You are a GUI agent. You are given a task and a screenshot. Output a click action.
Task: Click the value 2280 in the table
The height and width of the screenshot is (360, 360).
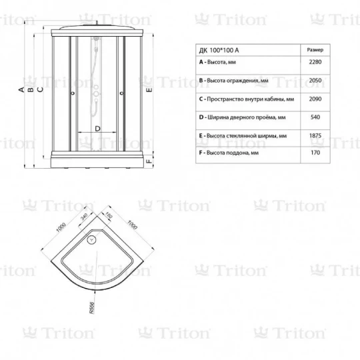[315, 62]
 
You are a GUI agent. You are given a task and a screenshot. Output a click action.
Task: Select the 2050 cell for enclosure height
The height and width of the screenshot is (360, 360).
[315, 81]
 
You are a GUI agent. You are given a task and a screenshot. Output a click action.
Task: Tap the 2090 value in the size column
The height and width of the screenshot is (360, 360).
[315, 99]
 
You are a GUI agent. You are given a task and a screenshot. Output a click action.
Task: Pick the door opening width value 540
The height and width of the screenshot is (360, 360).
[315, 117]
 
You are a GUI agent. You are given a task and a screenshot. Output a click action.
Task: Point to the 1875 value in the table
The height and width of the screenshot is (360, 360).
[315, 135]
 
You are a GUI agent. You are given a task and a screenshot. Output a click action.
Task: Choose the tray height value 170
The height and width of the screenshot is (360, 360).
[315, 153]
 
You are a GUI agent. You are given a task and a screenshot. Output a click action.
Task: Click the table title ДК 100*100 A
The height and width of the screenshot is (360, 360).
[219, 50]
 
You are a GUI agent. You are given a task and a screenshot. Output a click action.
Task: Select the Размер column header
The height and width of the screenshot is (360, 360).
[315, 50]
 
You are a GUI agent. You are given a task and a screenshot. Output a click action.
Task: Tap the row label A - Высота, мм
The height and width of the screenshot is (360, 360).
[217, 62]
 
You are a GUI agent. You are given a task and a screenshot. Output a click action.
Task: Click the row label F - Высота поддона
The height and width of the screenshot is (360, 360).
[229, 153]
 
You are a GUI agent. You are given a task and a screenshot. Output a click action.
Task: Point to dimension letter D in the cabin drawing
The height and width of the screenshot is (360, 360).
[97, 129]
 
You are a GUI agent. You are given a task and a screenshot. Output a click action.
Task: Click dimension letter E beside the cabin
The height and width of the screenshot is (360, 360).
[149, 89]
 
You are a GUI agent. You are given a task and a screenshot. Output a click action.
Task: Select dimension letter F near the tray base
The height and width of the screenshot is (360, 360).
[149, 161]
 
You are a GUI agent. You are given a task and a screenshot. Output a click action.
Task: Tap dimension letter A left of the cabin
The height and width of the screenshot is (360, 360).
[21, 89]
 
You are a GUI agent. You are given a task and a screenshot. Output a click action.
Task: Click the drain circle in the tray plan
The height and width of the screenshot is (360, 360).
[92, 240]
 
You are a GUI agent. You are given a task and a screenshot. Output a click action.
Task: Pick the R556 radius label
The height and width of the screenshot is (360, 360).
[92, 308]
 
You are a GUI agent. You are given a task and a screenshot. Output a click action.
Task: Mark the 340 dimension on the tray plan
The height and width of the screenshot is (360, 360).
[84, 217]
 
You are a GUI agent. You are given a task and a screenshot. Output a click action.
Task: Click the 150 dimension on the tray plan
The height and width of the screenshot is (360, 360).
[109, 215]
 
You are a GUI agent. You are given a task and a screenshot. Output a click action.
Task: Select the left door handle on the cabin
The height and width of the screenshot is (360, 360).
[73, 93]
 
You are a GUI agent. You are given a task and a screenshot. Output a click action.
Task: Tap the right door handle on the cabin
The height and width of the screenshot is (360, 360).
[122, 93]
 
